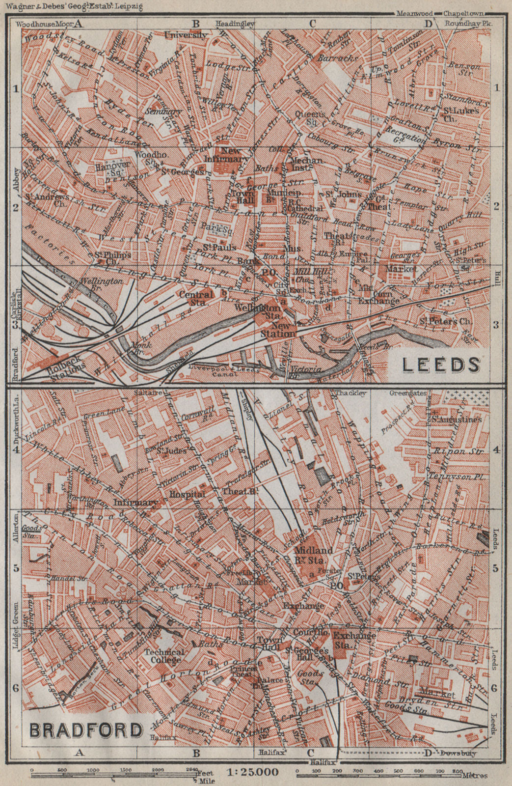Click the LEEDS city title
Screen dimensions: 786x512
pyautogui.click(x=440, y=365)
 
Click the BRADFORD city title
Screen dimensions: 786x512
pyautogui.click(x=86, y=730)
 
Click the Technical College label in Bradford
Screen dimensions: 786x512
pyautogui.click(x=164, y=656)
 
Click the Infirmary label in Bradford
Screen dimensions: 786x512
pyautogui.click(x=135, y=503)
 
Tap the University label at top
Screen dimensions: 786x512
pyautogui.click(x=186, y=35)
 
